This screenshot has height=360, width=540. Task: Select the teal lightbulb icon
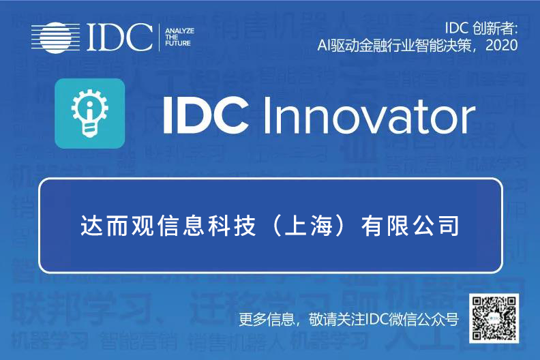(x=89, y=113)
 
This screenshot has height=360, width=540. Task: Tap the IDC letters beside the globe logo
(x=121, y=37)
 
